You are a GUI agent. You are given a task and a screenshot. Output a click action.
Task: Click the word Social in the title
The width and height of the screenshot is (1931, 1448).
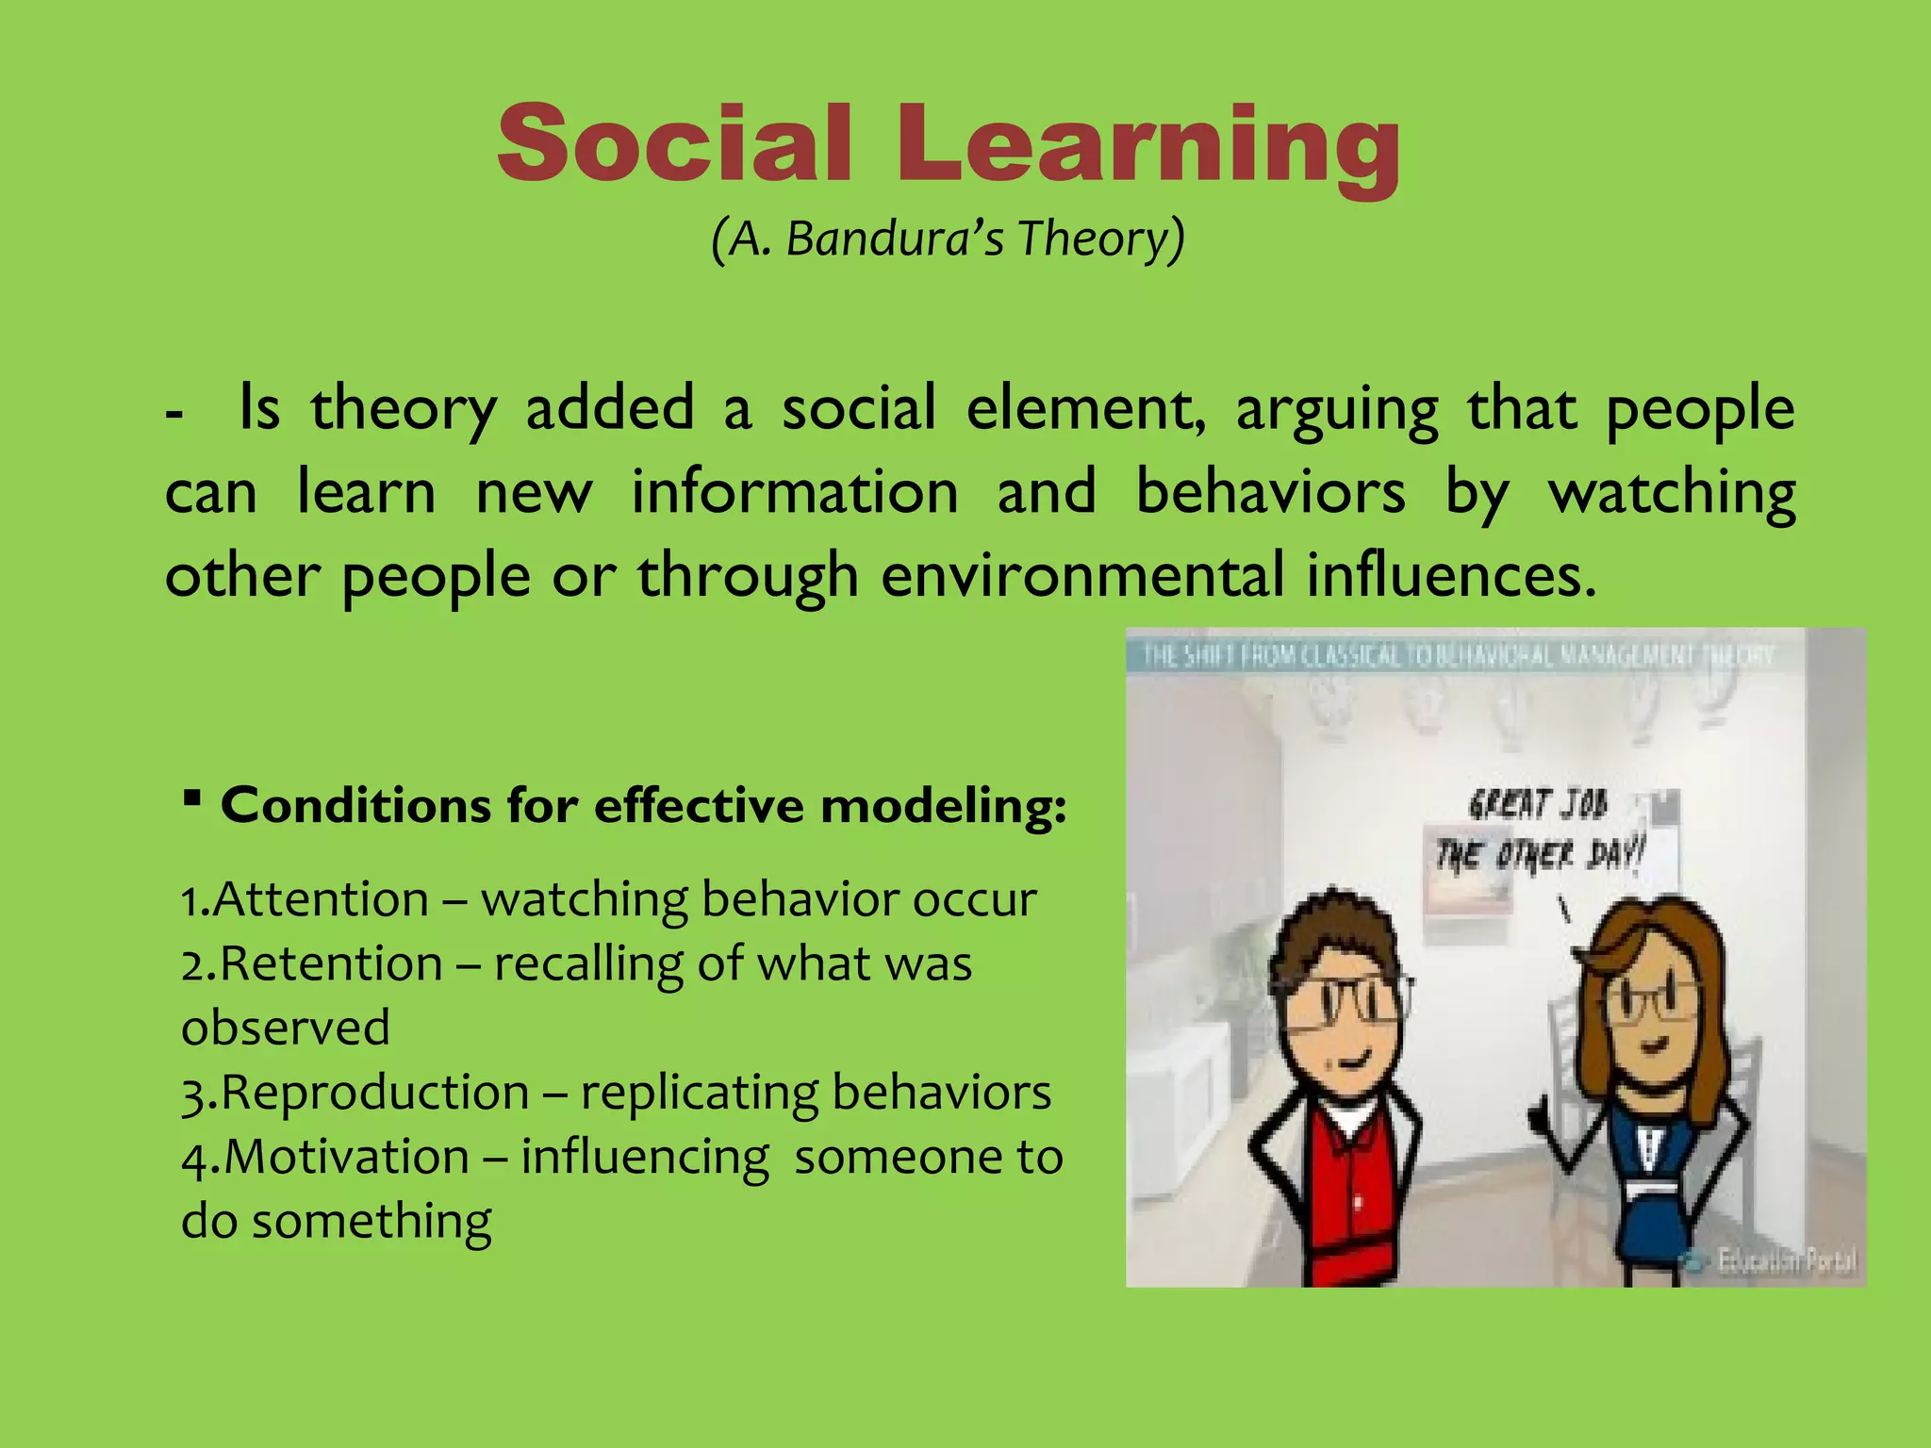click(x=675, y=143)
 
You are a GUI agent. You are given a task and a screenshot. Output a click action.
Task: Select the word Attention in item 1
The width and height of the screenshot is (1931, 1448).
click(x=321, y=898)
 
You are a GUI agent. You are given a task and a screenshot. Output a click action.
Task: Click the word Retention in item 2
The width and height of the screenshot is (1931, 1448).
click(x=331, y=963)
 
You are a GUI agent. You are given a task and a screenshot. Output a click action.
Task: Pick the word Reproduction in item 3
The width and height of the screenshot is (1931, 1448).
click(x=374, y=1093)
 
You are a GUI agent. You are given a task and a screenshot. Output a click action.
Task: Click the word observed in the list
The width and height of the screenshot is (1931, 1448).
click(x=285, y=1028)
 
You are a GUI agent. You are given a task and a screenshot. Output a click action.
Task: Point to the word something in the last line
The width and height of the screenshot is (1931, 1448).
click(x=371, y=1221)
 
